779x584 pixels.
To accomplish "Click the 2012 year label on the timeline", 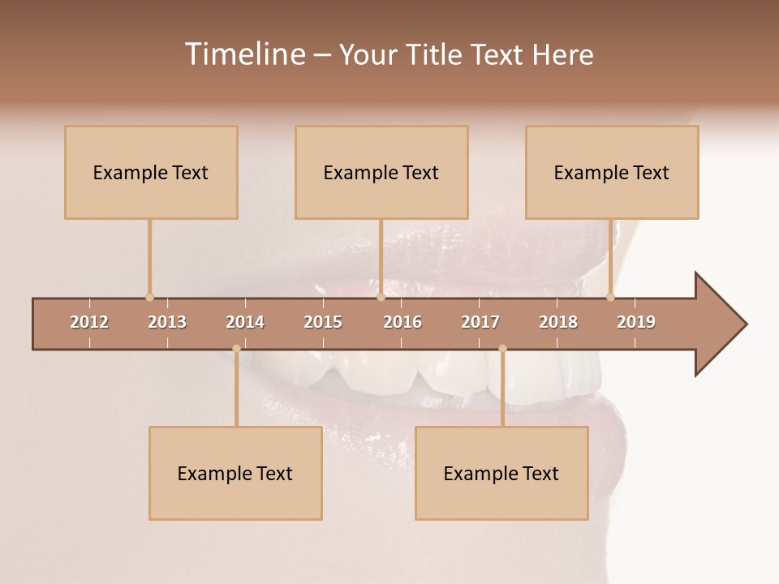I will [89, 322].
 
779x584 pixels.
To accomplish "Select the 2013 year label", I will [167, 322].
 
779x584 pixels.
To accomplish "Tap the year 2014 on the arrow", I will [245, 322].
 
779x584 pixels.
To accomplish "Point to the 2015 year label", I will [323, 322].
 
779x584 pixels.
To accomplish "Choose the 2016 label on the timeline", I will [402, 322].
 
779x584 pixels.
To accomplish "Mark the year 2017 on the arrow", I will [480, 322].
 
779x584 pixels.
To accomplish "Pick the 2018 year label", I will [558, 322].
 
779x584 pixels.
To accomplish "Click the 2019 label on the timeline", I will [636, 322].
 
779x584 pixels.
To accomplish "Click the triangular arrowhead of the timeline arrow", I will [719, 324].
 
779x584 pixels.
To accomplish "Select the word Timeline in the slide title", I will [243, 54].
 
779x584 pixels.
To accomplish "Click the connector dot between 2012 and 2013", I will [149, 297].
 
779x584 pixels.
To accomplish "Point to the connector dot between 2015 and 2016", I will [381, 297].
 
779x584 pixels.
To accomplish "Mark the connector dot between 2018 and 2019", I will [611, 297].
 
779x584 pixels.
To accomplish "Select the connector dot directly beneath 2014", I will [236, 349].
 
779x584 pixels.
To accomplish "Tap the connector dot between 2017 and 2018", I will [502, 349].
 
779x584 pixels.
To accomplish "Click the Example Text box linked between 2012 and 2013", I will [151, 173].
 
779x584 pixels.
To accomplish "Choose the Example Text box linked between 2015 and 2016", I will [381, 173].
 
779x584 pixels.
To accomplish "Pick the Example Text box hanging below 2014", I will [235, 474].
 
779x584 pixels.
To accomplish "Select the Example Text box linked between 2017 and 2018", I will [501, 474].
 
